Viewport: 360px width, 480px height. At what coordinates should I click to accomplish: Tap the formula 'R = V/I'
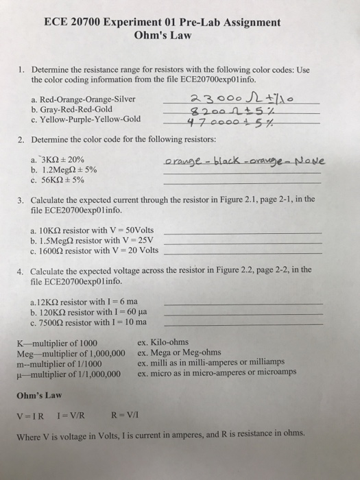tap(127, 416)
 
